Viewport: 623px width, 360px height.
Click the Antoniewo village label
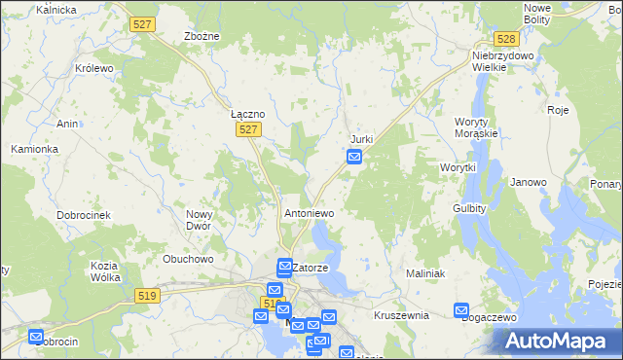pos(309,212)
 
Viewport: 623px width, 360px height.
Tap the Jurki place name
pos(361,139)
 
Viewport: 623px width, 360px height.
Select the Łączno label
pos(247,114)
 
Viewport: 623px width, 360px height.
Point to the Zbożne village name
pos(202,36)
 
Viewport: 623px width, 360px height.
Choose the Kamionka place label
pos(35,149)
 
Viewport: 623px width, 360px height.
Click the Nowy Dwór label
pos(200,220)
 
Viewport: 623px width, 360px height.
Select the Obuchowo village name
pos(188,259)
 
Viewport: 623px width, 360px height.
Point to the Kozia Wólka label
pos(104,271)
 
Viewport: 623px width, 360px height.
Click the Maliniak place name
pos(425,273)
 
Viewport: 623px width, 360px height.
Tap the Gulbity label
pos(470,208)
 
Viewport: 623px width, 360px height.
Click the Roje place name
pos(558,110)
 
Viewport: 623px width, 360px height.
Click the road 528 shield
pos(504,39)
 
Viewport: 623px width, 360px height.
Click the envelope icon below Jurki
pos(355,157)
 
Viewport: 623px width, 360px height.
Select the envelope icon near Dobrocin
pos(36,337)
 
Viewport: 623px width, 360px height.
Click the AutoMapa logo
pos(561,341)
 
